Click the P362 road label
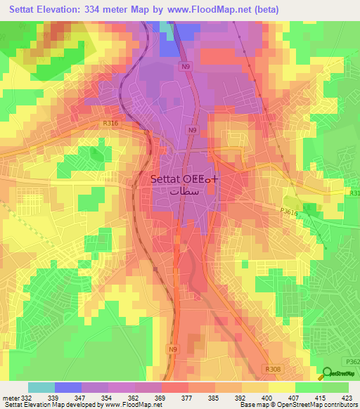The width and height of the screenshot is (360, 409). click(352, 361)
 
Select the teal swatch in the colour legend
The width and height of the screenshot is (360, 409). click(41, 387)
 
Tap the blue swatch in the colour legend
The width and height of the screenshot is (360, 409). click(68, 387)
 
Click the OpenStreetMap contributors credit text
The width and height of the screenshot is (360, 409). click(323, 405)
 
